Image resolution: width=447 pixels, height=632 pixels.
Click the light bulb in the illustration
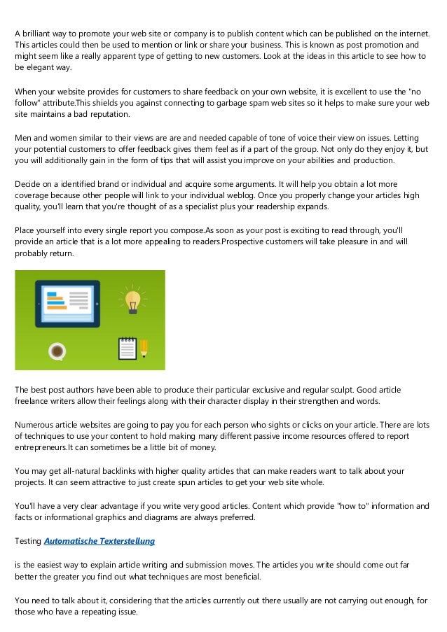(x=131, y=297)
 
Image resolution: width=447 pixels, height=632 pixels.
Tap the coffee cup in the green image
(x=57, y=350)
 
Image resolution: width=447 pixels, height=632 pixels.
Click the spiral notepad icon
(x=127, y=349)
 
